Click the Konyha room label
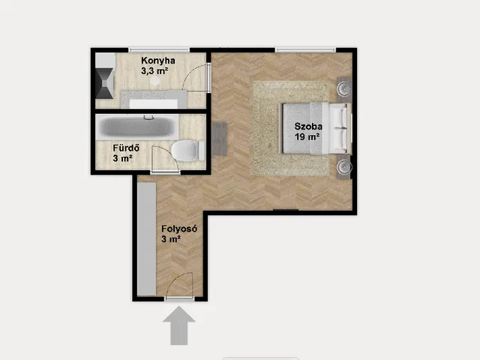pyautogui.click(x=158, y=61)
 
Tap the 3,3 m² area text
pyautogui.click(x=154, y=71)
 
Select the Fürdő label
pyautogui.click(x=126, y=148)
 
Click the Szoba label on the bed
pyautogui.click(x=308, y=126)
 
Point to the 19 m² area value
pyautogui.click(x=307, y=136)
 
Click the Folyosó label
pyautogui.click(x=179, y=229)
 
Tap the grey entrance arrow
pyautogui.click(x=179, y=325)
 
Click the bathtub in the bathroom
pyautogui.click(x=137, y=127)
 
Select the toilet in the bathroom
pyautogui.click(x=187, y=151)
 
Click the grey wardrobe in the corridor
pyautogui.click(x=147, y=239)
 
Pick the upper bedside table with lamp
pyautogui.click(x=344, y=89)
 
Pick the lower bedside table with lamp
pyautogui.click(x=344, y=167)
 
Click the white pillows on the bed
pyautogui.click(x=340, y=128)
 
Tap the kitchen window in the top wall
pyautogui.click(x=159, y=50)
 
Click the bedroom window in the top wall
pyautogui.click(x=305, y=50)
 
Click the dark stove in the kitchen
pyautogui.click(x=104, y=83)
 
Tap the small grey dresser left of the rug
pyautogui.click(x=219, y=139)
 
